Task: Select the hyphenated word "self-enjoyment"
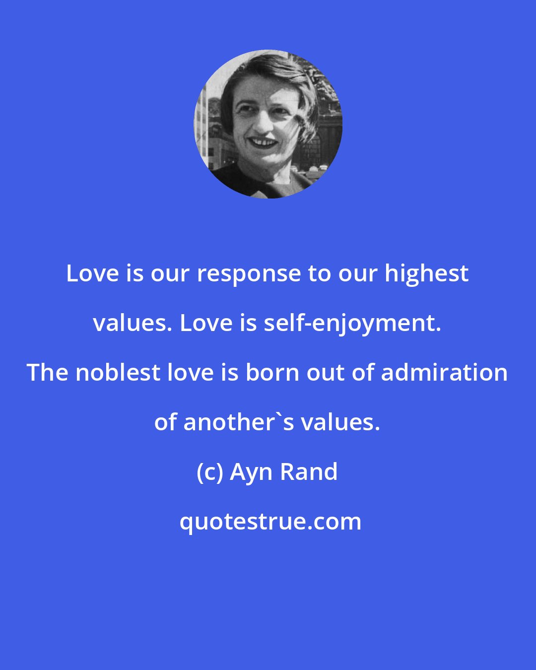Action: [351, 324]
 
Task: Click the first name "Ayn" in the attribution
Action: [252, 472]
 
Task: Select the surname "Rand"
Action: [309, 471]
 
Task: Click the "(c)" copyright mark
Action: [210, 472]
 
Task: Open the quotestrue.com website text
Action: [270, 522]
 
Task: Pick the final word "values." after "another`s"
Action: [340, 422]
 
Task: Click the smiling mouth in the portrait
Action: [263, 143]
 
